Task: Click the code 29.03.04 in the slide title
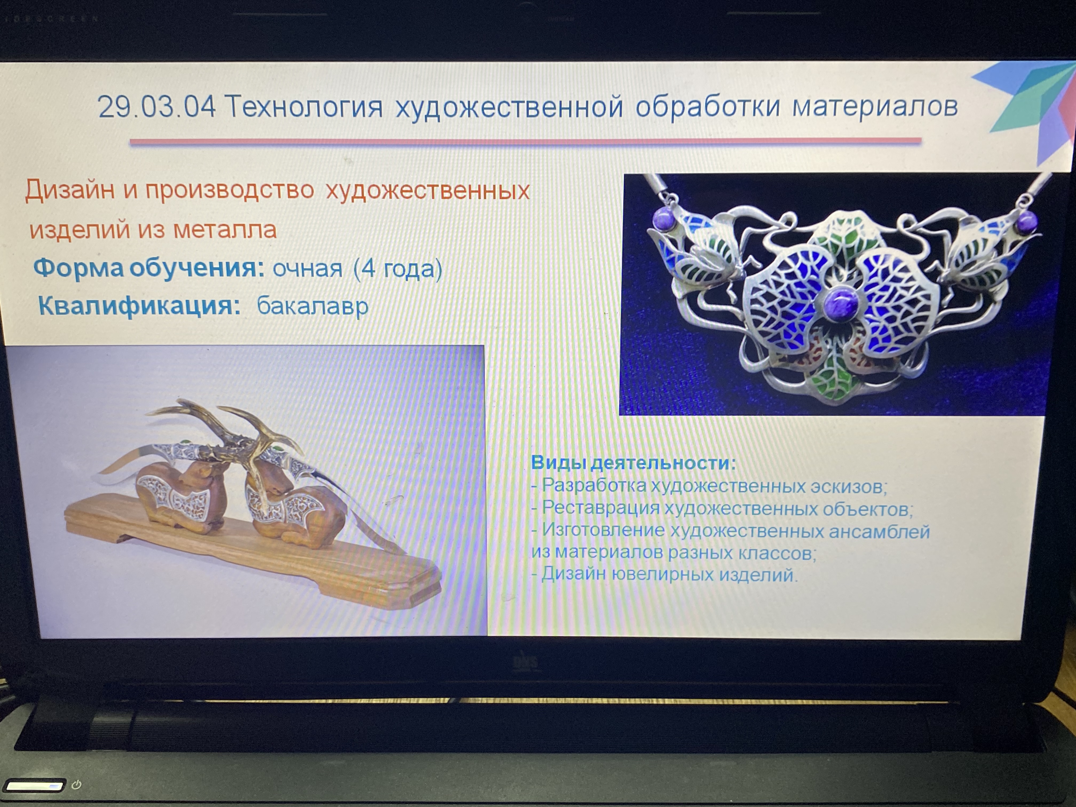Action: click(157, 106)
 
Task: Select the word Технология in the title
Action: click(304, 106)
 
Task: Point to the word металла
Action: click(225, 229)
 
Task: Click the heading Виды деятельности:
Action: click(633, 462)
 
